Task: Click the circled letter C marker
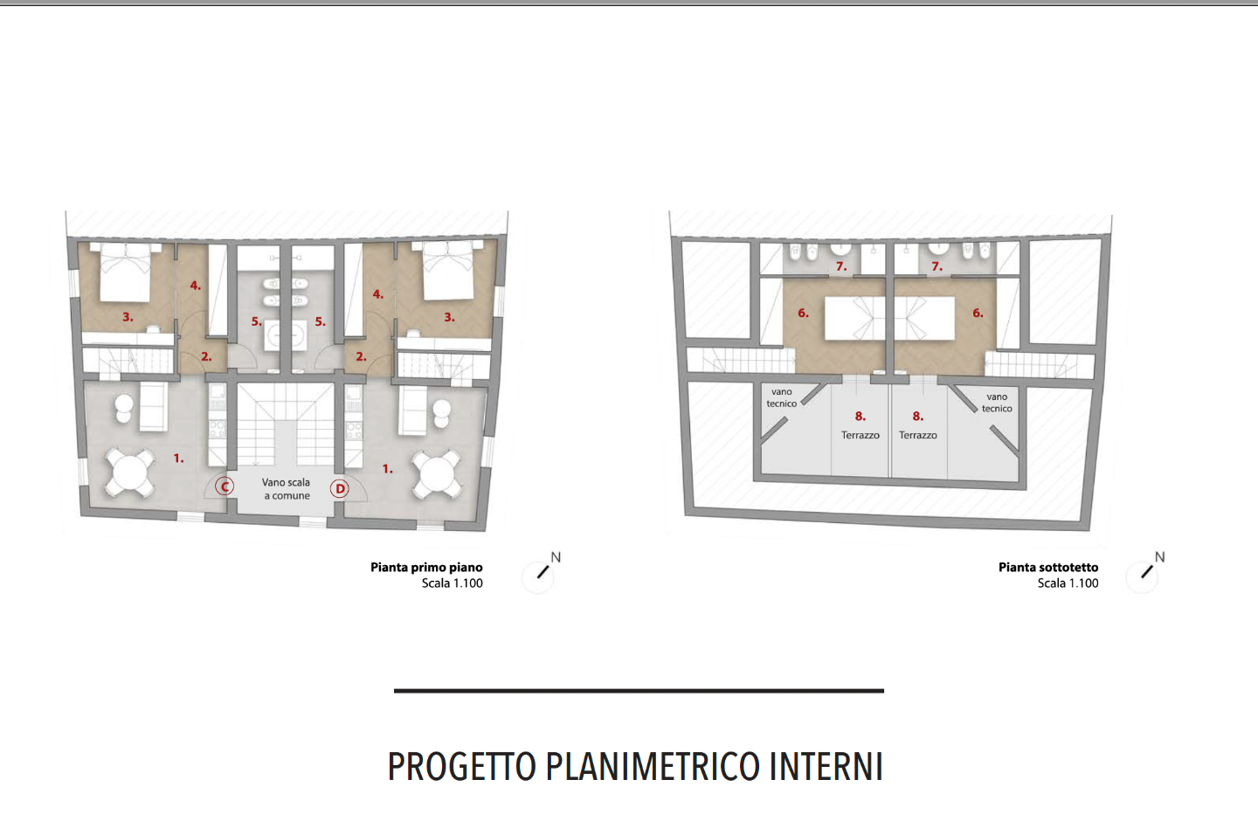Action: [225, 486]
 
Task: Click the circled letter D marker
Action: [340, 489]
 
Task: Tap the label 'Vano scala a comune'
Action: [287, 489]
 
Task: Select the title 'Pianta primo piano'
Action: [426, 568]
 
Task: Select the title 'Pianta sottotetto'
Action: [1048, 568]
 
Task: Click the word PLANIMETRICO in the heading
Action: [652, 766]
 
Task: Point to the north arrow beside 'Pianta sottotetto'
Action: [1147, 572]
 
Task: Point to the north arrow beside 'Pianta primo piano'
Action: [543, 572]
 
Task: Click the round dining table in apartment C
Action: [130, 473]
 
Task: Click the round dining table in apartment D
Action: [437, 475]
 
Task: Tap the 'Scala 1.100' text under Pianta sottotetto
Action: [1068, 583]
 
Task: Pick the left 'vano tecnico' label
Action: [782, 397]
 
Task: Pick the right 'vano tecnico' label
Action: [997, 403]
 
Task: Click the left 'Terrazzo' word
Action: [860, 435]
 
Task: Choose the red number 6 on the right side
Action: [978, 314]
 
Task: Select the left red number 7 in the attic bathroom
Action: [840, 266]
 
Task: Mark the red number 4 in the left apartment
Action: [195, 285]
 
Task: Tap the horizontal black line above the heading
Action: [639, 691]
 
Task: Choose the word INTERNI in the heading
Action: [826, 766]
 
